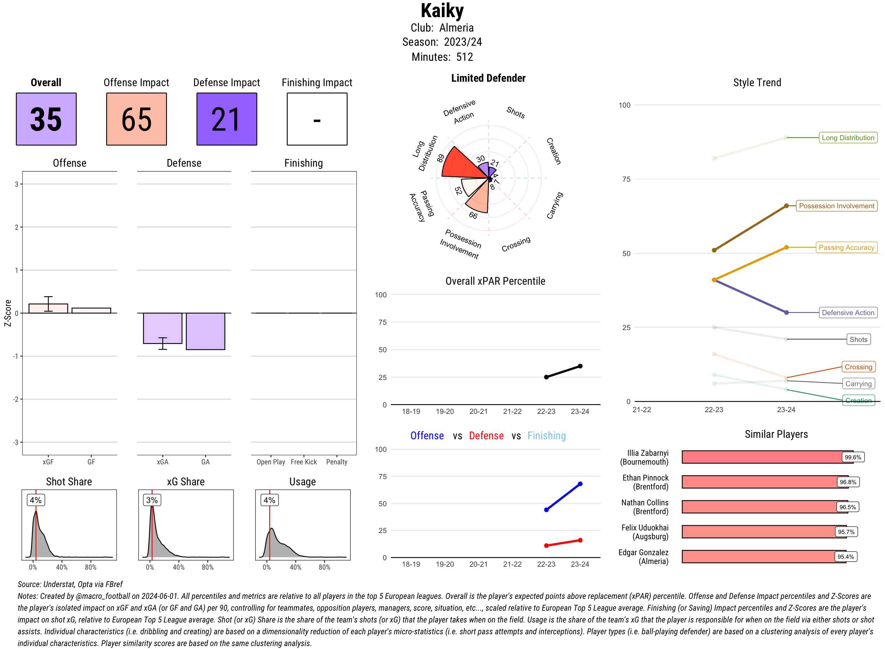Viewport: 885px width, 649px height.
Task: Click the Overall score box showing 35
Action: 46,119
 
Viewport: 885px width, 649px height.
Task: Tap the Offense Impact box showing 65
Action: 136,119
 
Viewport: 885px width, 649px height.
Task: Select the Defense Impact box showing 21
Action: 227,119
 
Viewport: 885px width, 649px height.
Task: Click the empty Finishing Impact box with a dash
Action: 317,119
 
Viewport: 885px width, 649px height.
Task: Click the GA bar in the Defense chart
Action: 205,331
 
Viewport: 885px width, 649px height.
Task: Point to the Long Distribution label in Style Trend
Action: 848,137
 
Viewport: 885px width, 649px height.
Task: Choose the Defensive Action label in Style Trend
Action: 848,313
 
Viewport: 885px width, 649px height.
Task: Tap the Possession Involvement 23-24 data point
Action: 786,206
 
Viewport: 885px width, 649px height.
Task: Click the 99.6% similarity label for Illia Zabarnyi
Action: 853,457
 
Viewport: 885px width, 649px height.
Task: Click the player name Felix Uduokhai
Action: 645,527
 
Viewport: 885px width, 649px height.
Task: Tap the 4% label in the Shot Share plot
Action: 36,500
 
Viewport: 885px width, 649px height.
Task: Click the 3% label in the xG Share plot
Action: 152,500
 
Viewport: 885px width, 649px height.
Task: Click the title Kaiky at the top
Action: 442,11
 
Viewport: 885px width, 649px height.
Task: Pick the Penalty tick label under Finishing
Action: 337,462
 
